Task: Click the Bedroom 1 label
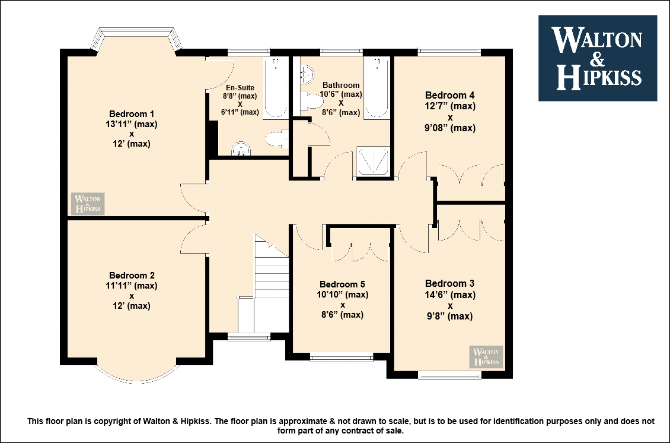coord(132,114)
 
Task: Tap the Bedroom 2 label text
coord(132,275)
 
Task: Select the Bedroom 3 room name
coord(449,283)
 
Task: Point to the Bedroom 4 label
coord(449,95)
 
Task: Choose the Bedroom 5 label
coord(342,284)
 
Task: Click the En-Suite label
coord(240,88)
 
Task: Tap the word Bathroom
coord(341,85)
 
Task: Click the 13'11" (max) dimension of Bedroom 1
coord(132,124)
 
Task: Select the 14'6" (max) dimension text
coord(450,295)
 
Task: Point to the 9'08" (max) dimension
coord(450,128)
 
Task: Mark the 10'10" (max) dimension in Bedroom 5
coord(342,295)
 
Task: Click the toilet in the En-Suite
coord(276,139)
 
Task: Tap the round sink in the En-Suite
coord(241,148)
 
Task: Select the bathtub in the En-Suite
coord(276,87)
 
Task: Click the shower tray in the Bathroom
coord(374,161)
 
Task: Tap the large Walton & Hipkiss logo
coord(598,58)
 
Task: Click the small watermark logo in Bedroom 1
coord(88,204)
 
